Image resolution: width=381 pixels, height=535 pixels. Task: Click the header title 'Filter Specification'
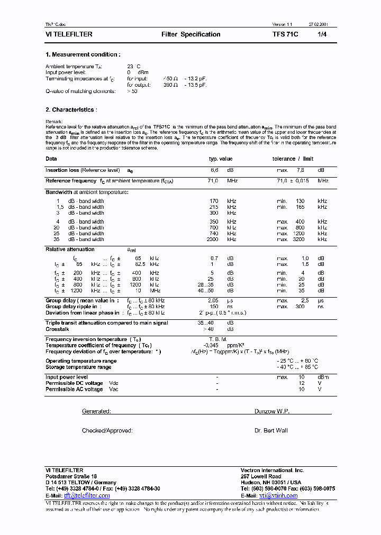click(x=190, y=34)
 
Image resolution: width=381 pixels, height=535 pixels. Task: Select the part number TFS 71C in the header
click(x=285, y=34)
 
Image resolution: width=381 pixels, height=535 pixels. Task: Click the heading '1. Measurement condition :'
click(x=83, y=54)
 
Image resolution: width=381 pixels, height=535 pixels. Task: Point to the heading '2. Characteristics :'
click(x=71, y=110)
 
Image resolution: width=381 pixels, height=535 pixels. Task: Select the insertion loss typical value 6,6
click(x=214, y=170)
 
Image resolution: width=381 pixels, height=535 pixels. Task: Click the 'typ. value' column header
click(x=221, y=159)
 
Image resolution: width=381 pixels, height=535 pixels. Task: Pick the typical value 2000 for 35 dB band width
click(x=212, y=239)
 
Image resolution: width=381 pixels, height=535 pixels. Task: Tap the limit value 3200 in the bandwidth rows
click(x=299, y=239)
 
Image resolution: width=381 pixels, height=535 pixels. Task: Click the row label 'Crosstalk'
click(x=57, y=329)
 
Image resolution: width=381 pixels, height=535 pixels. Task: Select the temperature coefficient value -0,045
click(x=212, y=345)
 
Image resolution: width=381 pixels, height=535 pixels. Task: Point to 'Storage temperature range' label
click(x=78, y=367)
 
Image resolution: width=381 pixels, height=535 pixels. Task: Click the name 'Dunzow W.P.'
click(x=272, y=411)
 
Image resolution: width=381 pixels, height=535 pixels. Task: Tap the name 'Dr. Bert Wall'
click(x=271, y=431)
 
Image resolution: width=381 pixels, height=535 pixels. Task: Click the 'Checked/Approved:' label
click(x=107, y=431)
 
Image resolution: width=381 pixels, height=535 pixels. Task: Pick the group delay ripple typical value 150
click(x=214, y=307)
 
